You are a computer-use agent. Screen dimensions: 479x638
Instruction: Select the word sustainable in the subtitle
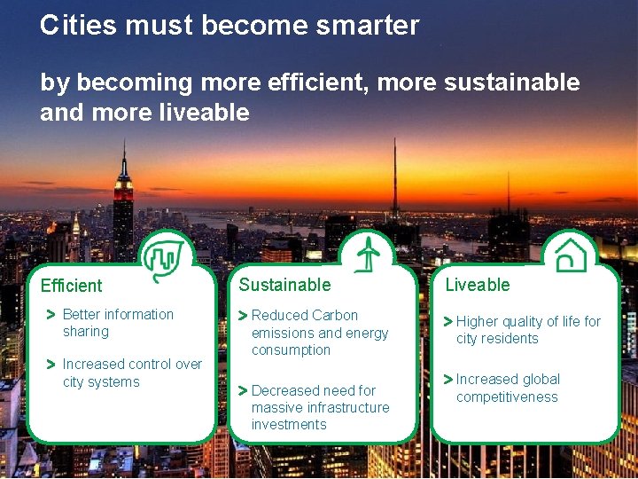click(511, 83)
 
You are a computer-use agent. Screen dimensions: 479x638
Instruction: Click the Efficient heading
click(72, 286)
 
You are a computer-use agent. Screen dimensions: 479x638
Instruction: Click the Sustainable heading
click(284, 285)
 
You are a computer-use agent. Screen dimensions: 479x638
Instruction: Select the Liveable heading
click(478, 285)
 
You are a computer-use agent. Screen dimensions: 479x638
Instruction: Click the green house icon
click(571, 255)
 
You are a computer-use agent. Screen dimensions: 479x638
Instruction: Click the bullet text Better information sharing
click(118, 323)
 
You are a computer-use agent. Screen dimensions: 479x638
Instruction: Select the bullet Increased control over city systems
click(132, 373)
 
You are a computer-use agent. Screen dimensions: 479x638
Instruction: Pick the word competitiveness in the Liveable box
click(507, 397)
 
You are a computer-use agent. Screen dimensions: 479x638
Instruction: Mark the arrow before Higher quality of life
click(448, 322)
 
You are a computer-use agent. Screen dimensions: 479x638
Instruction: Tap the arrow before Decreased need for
click(243, 390)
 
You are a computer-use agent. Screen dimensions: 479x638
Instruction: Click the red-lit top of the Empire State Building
click(123, 185)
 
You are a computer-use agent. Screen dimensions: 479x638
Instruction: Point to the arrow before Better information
click(51, 315)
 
